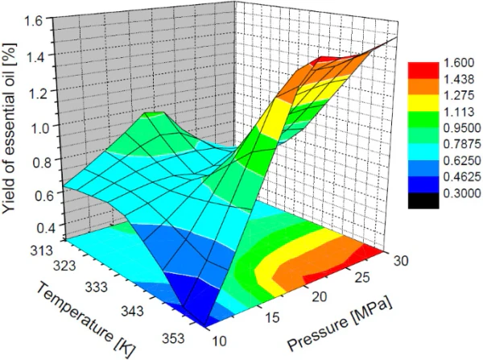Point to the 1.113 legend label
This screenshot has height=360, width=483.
coord(454,115)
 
